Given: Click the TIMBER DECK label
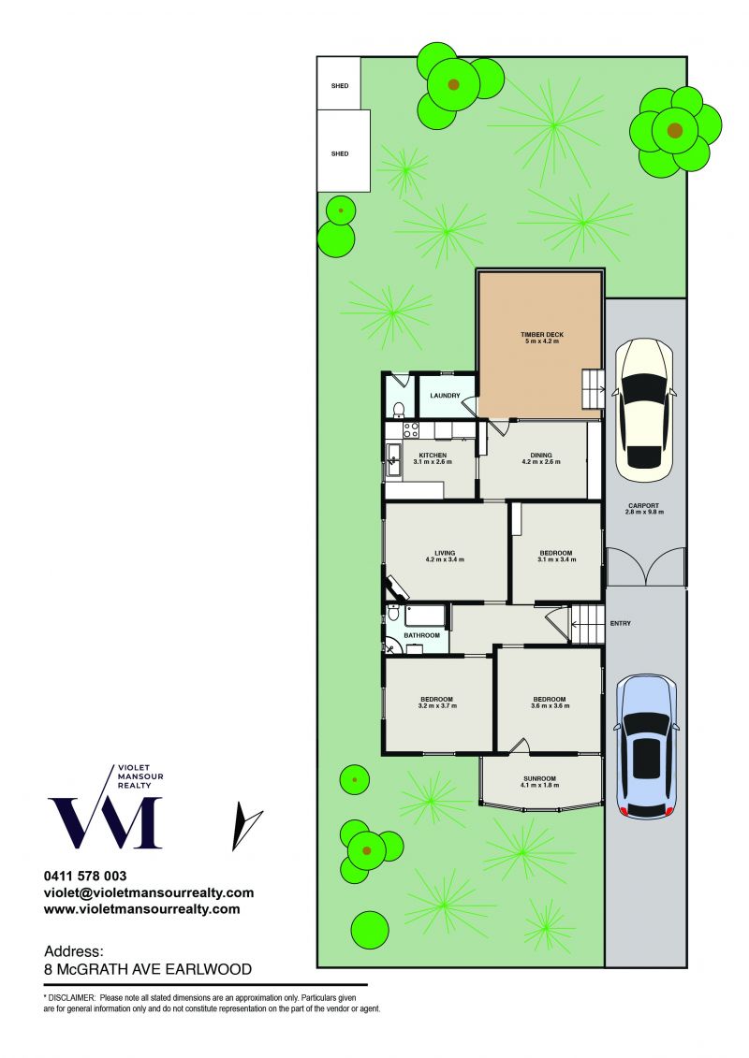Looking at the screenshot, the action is pyautogui.click(x=542, y=335).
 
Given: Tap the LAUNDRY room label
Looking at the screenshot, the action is pyautogui.click(x=445, y=396).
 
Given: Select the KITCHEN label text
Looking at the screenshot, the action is pyautogui.click(x=433, y=456).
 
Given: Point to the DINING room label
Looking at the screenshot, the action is pyautogui.click(x=541, y=456).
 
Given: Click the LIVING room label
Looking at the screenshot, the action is pyautogui.click(x=445, y=553).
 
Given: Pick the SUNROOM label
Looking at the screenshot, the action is pyautogui.click(x=539, y=778).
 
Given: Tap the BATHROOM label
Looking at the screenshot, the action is pyautogui.click(x=421, y=635).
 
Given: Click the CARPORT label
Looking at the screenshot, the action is pyautogui.click(x=643, y=505).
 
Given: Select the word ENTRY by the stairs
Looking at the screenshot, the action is pyautogui.click(x=620, y=623).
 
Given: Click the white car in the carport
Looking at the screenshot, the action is pyautogui.click(x=644, y=411).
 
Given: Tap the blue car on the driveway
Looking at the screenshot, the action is pyautogui.click(x=646, y=746).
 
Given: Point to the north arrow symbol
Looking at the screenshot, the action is pyautogui.click(x=246, y=827).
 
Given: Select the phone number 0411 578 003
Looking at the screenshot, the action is pyautogui.click(x=85, y=876).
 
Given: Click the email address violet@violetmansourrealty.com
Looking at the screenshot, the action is pyautogui.click(x=149, y=892).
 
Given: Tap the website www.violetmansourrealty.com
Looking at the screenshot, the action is pyautogui.click(x=141, y=909).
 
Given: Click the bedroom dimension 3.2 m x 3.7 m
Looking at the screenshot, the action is pyautogui.click(x=437, y=705).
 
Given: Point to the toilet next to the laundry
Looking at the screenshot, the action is pyautogui.click(x=399, y=409).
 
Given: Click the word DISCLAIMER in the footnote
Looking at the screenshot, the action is pyautogui.click(x=71, y=997).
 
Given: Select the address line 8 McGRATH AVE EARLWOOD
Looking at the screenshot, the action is pyautogui.click(x=148, y=970).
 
